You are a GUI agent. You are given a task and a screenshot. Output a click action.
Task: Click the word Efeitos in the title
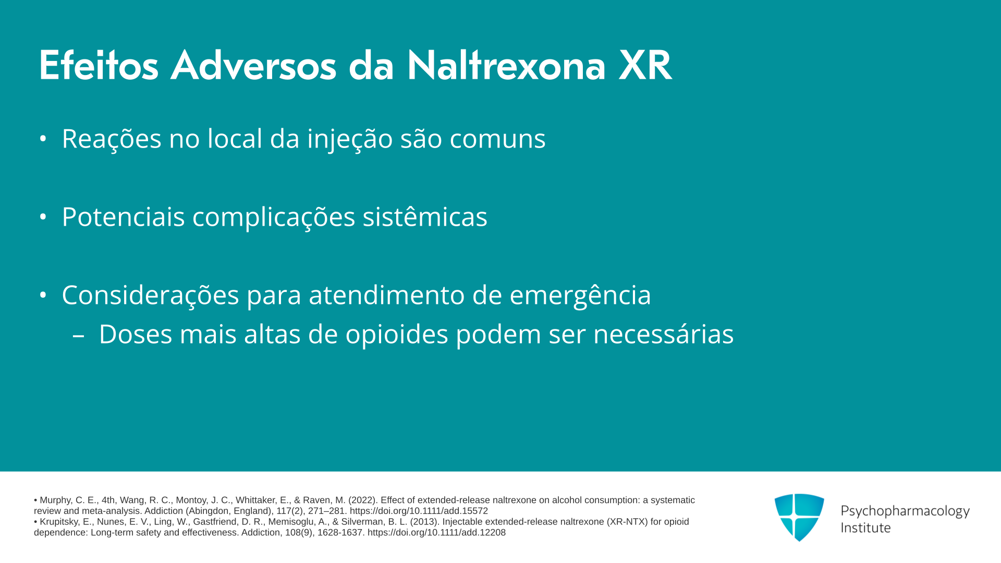(x=99, y=66)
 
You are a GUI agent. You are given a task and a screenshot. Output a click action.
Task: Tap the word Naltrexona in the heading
(x=506, y=66)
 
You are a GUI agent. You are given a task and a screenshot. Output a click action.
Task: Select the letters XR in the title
(x=645, y=66)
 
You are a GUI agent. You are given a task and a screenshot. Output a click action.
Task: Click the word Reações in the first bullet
(x=112, y=139)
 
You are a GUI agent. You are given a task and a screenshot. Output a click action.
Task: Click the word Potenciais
(x=124, y=217)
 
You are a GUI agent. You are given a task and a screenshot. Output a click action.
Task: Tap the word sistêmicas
(x=425, y=216)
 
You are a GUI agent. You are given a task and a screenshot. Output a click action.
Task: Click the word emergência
(x=580, y=296)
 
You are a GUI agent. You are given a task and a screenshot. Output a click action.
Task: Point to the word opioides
(x=397, y=335)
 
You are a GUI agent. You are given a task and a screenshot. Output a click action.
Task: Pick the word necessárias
(x=664, y=334)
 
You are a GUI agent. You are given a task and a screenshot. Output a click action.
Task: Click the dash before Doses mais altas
(x=78, y=336)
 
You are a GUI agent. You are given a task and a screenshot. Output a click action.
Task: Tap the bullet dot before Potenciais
(x=43, y=217)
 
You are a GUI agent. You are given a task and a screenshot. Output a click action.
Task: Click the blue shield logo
(x=799, y=517)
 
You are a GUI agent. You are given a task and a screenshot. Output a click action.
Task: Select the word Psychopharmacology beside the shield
(x=905, y=511)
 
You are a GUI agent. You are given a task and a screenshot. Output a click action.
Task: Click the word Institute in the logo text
(x=865, y=528)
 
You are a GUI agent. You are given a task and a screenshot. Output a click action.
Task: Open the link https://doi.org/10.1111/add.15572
(x=419, y=511)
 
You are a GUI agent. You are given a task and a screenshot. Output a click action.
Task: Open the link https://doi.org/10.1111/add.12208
(x=436, y=533)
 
